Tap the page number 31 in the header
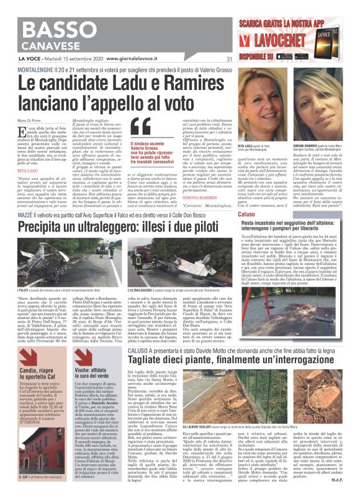point(229,60)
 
